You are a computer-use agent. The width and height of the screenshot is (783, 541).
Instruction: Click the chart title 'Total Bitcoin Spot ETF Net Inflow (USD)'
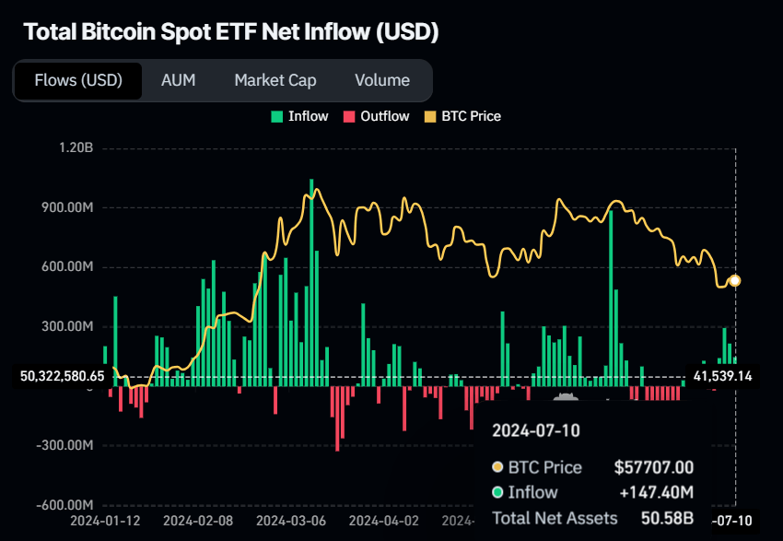tap(230, 32)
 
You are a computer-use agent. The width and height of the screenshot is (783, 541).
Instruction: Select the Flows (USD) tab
tap(78, 80)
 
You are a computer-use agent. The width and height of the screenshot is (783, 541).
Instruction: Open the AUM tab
tap(178, 80)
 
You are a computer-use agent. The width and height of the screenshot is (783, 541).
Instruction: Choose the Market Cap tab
tap(275, 80)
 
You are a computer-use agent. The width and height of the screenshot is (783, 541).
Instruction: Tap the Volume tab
tap(381, 80)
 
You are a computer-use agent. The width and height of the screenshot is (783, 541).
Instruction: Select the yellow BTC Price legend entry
tap(462, 116)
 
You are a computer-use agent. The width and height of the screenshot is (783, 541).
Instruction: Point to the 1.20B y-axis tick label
tap(75, 148)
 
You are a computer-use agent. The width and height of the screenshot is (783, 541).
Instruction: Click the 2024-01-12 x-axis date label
tap(105, 521)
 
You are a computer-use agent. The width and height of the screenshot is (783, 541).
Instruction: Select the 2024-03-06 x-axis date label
tap(291, 521)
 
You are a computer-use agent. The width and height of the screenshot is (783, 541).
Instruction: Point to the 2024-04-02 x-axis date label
tap(384, 521)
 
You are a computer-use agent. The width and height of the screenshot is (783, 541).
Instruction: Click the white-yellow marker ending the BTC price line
tap(734, 280)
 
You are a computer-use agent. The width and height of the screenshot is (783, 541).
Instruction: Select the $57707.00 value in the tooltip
tap(654, 467)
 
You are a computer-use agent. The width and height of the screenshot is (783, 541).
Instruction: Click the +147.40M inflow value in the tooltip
tap(656, 492)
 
